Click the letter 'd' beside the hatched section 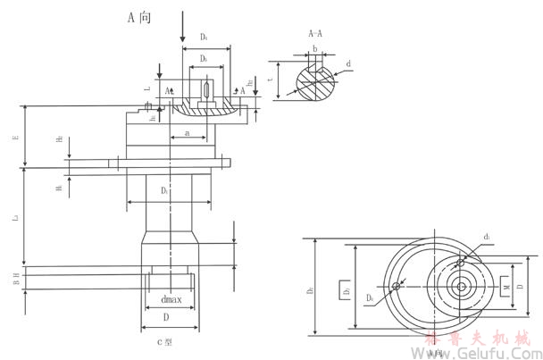click(347, 63)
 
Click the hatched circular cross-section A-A click(308, 81)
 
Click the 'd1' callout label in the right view click(487, 237)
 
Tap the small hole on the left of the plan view click(394, 286)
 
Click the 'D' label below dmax click(164, 316)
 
